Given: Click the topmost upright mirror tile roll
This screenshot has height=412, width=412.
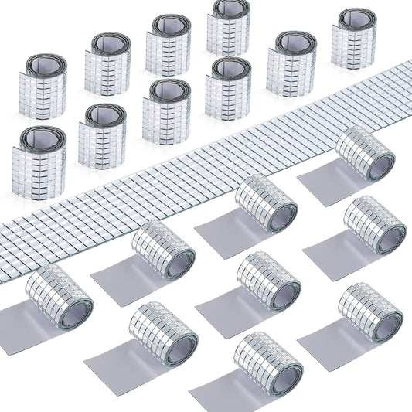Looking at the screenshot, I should pos(228,29).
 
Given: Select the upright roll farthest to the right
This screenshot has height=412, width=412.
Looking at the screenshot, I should pos(354,39).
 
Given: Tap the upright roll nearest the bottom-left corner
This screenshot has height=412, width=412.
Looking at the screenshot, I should pos(39,154).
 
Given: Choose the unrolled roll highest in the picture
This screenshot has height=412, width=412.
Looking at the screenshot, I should pos(366,154).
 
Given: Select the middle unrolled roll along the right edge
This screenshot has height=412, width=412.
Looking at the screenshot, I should pos(374,225).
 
